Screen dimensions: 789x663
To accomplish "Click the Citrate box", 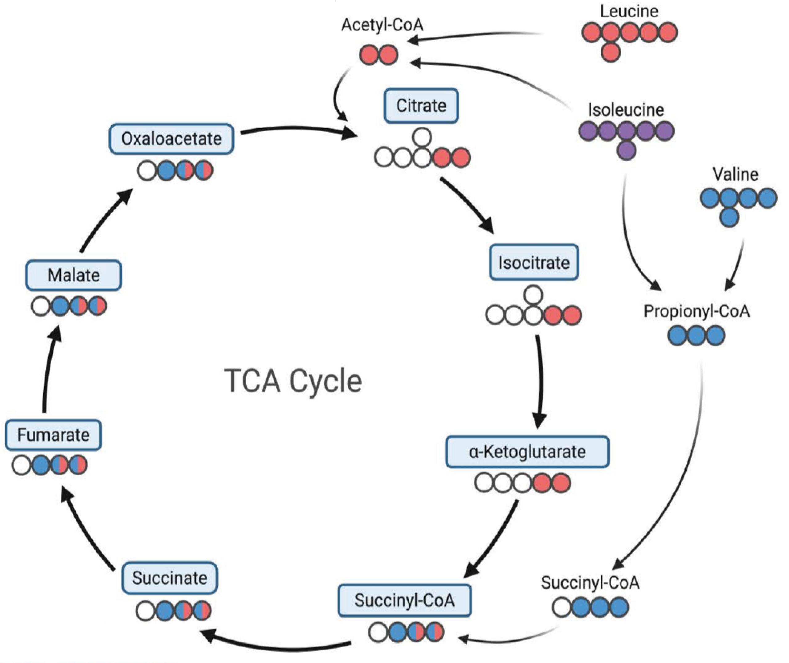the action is point(421,106).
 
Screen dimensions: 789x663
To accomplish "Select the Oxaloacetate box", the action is point(171,139).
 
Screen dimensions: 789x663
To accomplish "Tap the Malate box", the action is point(74,275).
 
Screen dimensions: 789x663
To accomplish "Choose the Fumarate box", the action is point(53,435).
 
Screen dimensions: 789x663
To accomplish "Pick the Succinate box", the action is point(170,578).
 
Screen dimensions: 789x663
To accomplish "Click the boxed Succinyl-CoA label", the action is point(405,600).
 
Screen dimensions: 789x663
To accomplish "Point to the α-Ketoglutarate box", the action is point(527,451).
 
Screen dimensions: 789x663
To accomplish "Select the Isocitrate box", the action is point(534,262).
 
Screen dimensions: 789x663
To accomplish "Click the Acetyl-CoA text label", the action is point(382,25).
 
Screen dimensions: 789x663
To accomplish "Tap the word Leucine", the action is point(629,11).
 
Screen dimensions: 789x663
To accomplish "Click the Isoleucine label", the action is point(626,110).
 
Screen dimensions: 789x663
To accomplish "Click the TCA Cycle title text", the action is point(293,381).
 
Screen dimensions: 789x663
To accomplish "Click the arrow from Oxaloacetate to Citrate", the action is point(299,129).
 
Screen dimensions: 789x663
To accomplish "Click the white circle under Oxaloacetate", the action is point(147,171).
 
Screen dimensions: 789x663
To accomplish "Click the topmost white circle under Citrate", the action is point(422,137).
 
